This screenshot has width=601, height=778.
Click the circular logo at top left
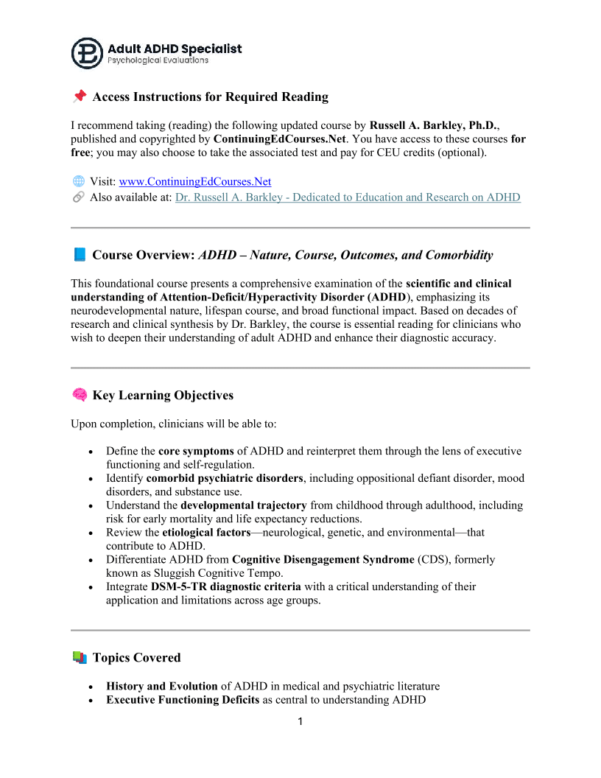(x=87, y=53)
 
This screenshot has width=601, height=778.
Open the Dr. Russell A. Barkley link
(x=348, y=197)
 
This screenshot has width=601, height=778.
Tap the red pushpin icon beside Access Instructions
(x=80, y=97)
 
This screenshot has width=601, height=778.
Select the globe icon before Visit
(x=78, y=181)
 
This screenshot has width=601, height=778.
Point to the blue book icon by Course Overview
(x=80, y=255)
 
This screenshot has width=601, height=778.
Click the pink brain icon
(x=80, y=395)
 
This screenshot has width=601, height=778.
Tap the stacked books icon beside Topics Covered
(x=80, y=657)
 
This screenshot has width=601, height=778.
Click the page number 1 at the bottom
(x=300, y=721)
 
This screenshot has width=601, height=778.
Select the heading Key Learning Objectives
(x=163, y=395)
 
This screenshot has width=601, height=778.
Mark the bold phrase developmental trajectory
(x=244, y=505)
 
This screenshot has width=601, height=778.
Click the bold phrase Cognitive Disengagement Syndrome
(x=323, y=559)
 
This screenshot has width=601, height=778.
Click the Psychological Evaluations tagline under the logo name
(x=158, y=60)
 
